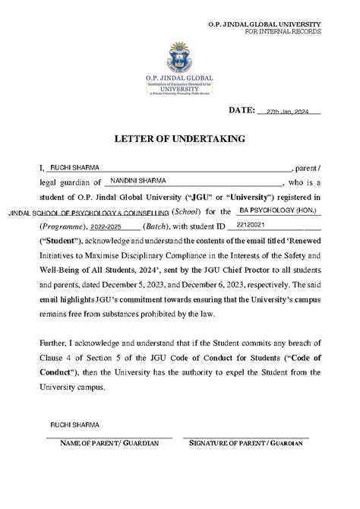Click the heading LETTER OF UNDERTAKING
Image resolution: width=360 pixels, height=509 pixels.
point(179,139)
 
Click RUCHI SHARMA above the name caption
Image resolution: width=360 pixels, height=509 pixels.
point(74,423)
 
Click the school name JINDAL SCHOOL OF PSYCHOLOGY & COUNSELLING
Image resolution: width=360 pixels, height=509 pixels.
point(89,213)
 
